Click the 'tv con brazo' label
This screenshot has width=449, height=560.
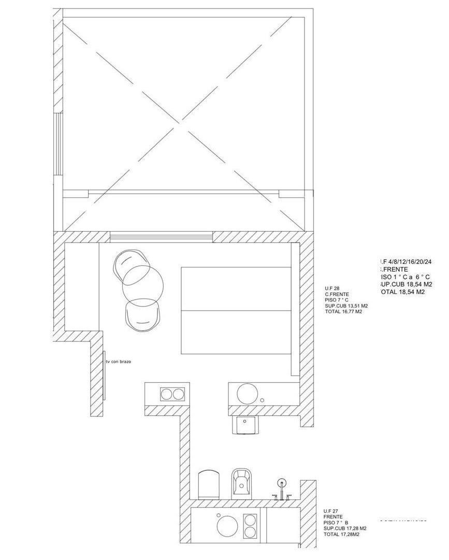[118, 361]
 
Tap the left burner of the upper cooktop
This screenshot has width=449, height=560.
[166, 394]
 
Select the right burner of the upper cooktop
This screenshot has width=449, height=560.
[178, 394]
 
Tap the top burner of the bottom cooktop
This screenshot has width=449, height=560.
[250, 520]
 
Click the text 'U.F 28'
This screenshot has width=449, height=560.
[332, 288]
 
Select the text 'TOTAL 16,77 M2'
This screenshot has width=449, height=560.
[343, 312]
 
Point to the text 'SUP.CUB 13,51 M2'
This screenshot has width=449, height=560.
[346, 306]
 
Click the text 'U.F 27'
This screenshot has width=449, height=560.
[331, 511]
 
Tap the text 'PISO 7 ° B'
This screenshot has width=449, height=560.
[336, 523]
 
